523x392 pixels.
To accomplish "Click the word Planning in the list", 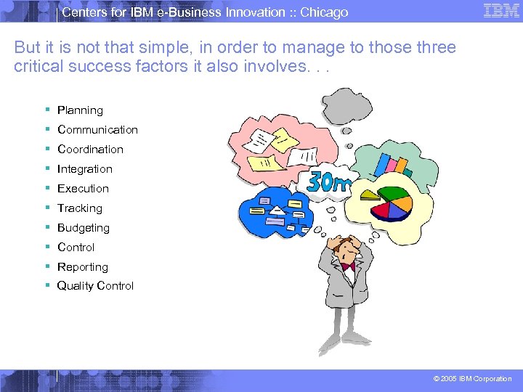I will (80, 110).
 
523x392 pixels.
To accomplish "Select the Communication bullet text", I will (97, 130).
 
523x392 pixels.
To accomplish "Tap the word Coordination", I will (90, 150).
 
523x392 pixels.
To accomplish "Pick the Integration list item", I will (84, 169).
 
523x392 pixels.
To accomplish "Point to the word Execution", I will (83, 189).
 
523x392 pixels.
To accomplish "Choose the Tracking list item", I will (80, 208).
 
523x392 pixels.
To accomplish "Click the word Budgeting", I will (83, 228).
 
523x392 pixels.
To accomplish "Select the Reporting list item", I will (82, 267).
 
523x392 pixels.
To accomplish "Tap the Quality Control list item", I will (95, 286).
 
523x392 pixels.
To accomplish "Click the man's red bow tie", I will (348, 266).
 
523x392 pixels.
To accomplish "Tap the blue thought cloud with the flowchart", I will (275, 211).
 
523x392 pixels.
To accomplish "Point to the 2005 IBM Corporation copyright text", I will (472, 379).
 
